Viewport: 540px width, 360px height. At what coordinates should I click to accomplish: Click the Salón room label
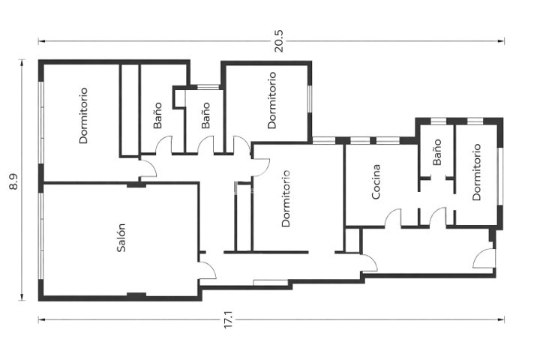click(121, 238)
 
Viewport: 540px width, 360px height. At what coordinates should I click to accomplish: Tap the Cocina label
click(376, 181)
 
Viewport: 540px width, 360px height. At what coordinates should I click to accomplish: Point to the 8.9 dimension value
click(14, 181)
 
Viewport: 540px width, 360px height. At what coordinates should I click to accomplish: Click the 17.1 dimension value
click(228, 319)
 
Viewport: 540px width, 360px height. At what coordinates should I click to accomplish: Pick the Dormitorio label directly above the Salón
click(83, 115)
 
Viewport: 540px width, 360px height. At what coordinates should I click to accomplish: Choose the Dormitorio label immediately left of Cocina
click(286, 199)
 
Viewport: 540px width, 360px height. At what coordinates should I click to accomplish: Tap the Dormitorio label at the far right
click(477, 172)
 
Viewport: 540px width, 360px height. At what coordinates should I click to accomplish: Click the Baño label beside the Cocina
click(437, 152)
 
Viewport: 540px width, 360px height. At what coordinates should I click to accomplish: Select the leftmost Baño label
click(157, 115)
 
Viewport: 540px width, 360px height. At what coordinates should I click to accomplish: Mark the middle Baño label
click(205, 115)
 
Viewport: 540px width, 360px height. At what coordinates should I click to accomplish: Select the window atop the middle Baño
click(208, 87)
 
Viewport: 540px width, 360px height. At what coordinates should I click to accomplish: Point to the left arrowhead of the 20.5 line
click(41, 41)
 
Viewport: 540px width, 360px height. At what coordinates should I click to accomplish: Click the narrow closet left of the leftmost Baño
click(130, 110)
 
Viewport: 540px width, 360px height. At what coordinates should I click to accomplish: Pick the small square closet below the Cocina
click(352, 240)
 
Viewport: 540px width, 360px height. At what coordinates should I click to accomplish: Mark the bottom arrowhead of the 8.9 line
click(22, 297)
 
